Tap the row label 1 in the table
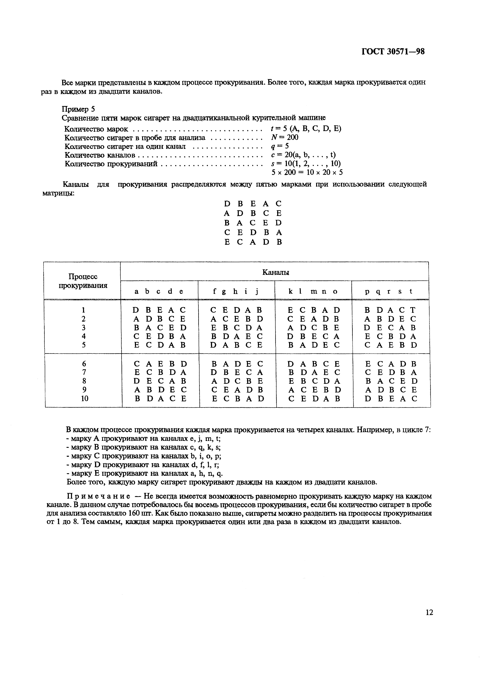84,310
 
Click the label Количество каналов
100,155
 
